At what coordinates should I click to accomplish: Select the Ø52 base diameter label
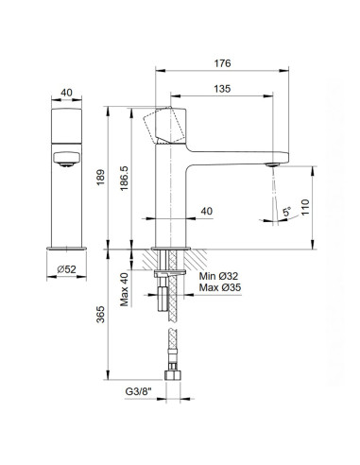tap(65, 270)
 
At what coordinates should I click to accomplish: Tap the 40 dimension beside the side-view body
tap(204, 213)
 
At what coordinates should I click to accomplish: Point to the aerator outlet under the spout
tap(271, 165)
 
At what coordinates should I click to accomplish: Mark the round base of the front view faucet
tap(65, 249)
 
